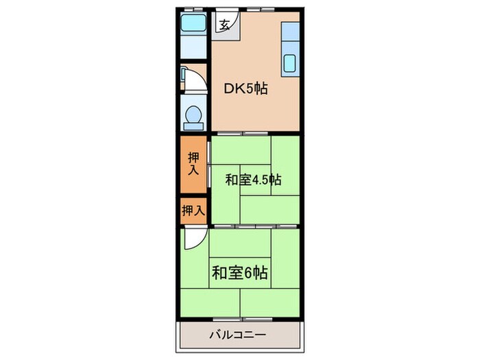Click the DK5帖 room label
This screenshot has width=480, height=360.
[245, 88]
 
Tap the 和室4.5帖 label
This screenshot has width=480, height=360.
[253, 180]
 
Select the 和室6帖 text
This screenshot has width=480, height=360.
[240, 273]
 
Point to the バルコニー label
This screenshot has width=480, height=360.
[237, 335]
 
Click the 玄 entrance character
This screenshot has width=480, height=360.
[225, 25]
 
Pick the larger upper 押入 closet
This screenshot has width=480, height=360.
[193, 165]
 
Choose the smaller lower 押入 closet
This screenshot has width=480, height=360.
[193, 211]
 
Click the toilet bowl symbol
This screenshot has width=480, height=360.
[193, 114]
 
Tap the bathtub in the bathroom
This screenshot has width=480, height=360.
[193, 23]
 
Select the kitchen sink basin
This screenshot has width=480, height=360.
[289, 63]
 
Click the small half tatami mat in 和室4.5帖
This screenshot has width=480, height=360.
[255, 180]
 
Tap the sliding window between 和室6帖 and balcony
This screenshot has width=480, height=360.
[243, 320]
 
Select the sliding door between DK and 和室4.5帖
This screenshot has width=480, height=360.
[243, 134]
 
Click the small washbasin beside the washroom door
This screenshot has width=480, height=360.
[183, 75]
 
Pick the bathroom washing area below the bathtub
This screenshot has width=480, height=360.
[193, 47]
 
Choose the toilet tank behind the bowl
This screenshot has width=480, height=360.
[193, 125]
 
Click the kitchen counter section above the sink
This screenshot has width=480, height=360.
[290, 32]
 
